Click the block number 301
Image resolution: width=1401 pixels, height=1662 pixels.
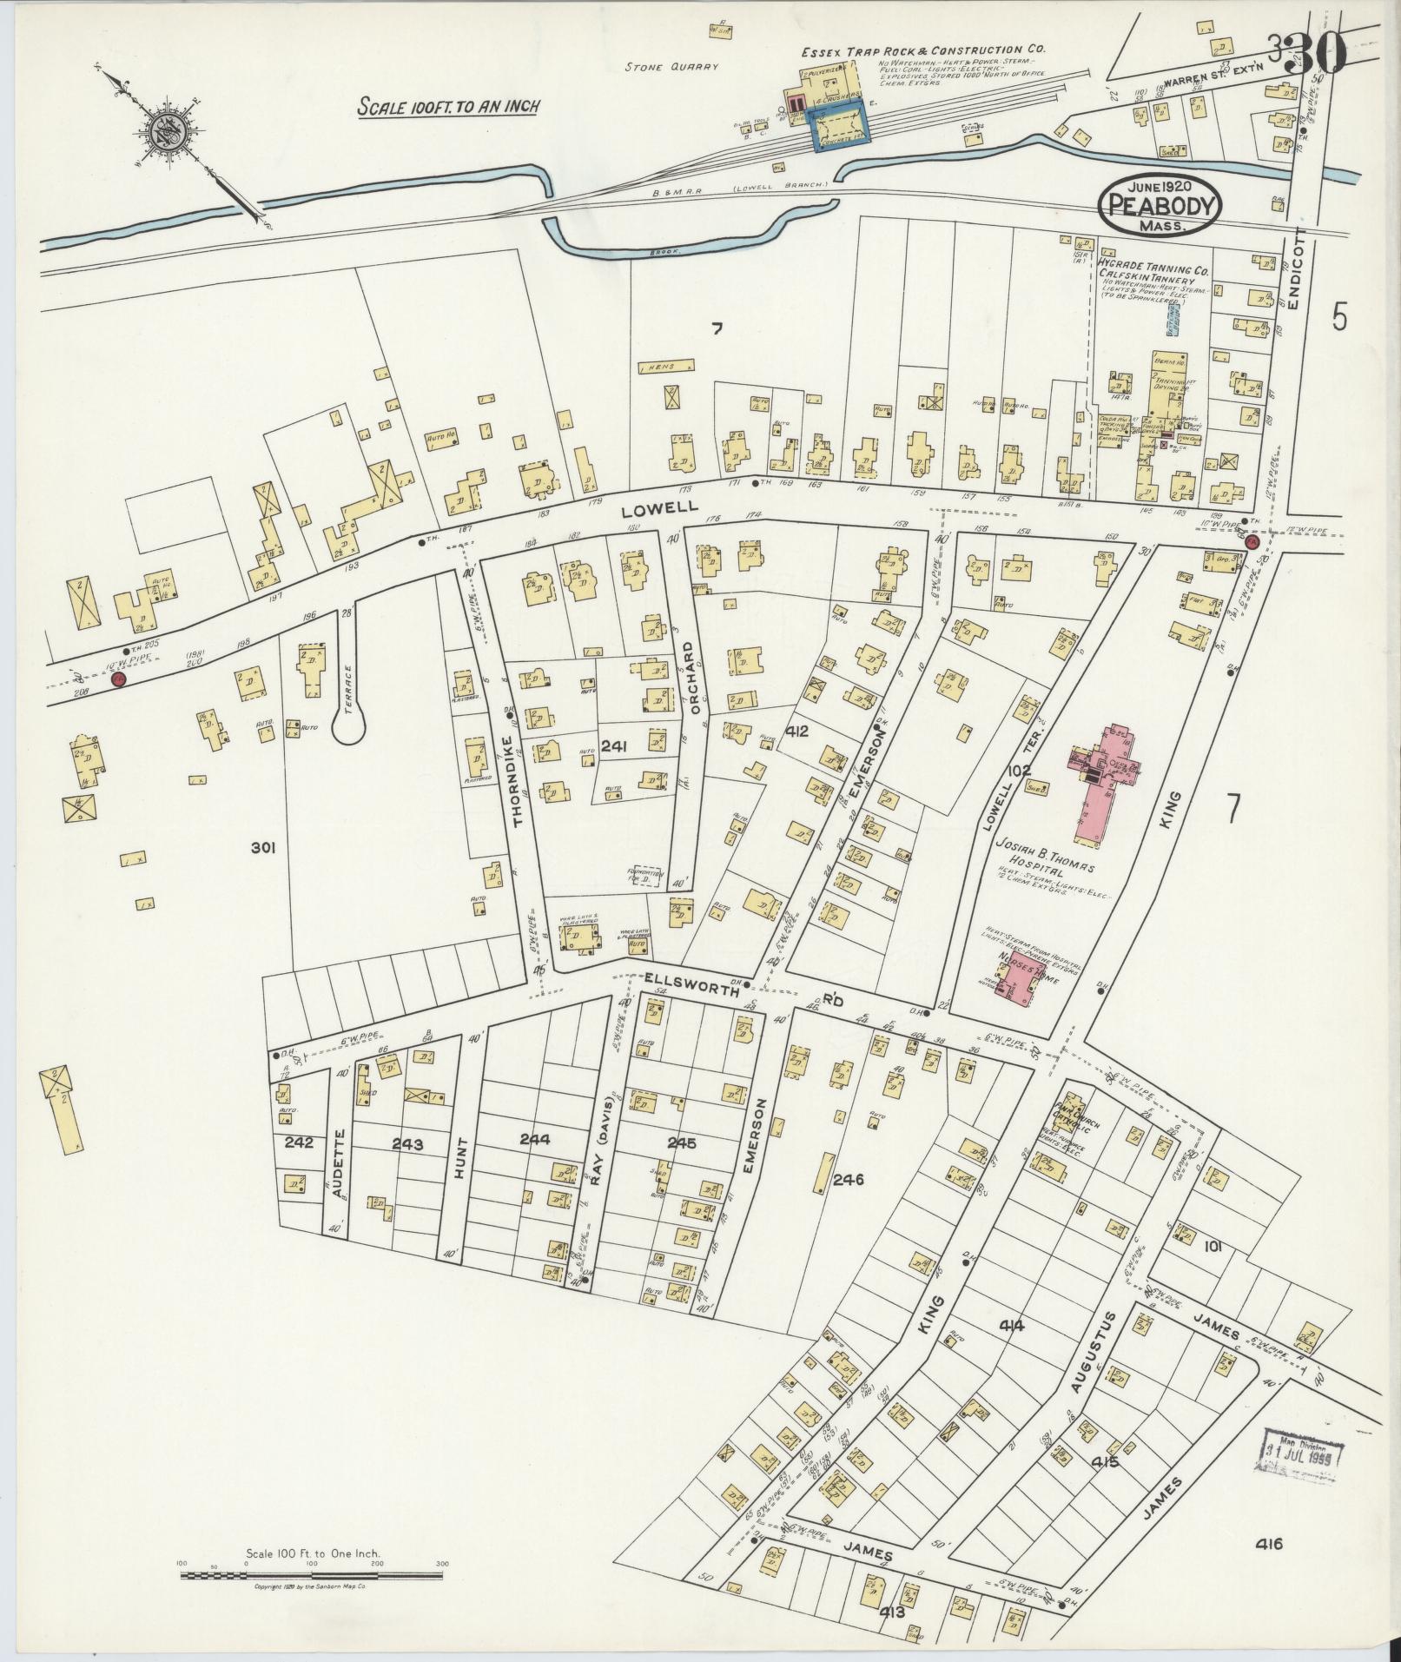pyautogui.click(x=262, y=848)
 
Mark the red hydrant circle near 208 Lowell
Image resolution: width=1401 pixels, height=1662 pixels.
pyautogui.click(x=119, y=679)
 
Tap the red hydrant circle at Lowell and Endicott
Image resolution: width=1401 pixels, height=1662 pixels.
pyautogui.click(x=1252, y=541)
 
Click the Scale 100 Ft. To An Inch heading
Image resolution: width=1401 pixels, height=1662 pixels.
pyautogui.click(x=450, y=106)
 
